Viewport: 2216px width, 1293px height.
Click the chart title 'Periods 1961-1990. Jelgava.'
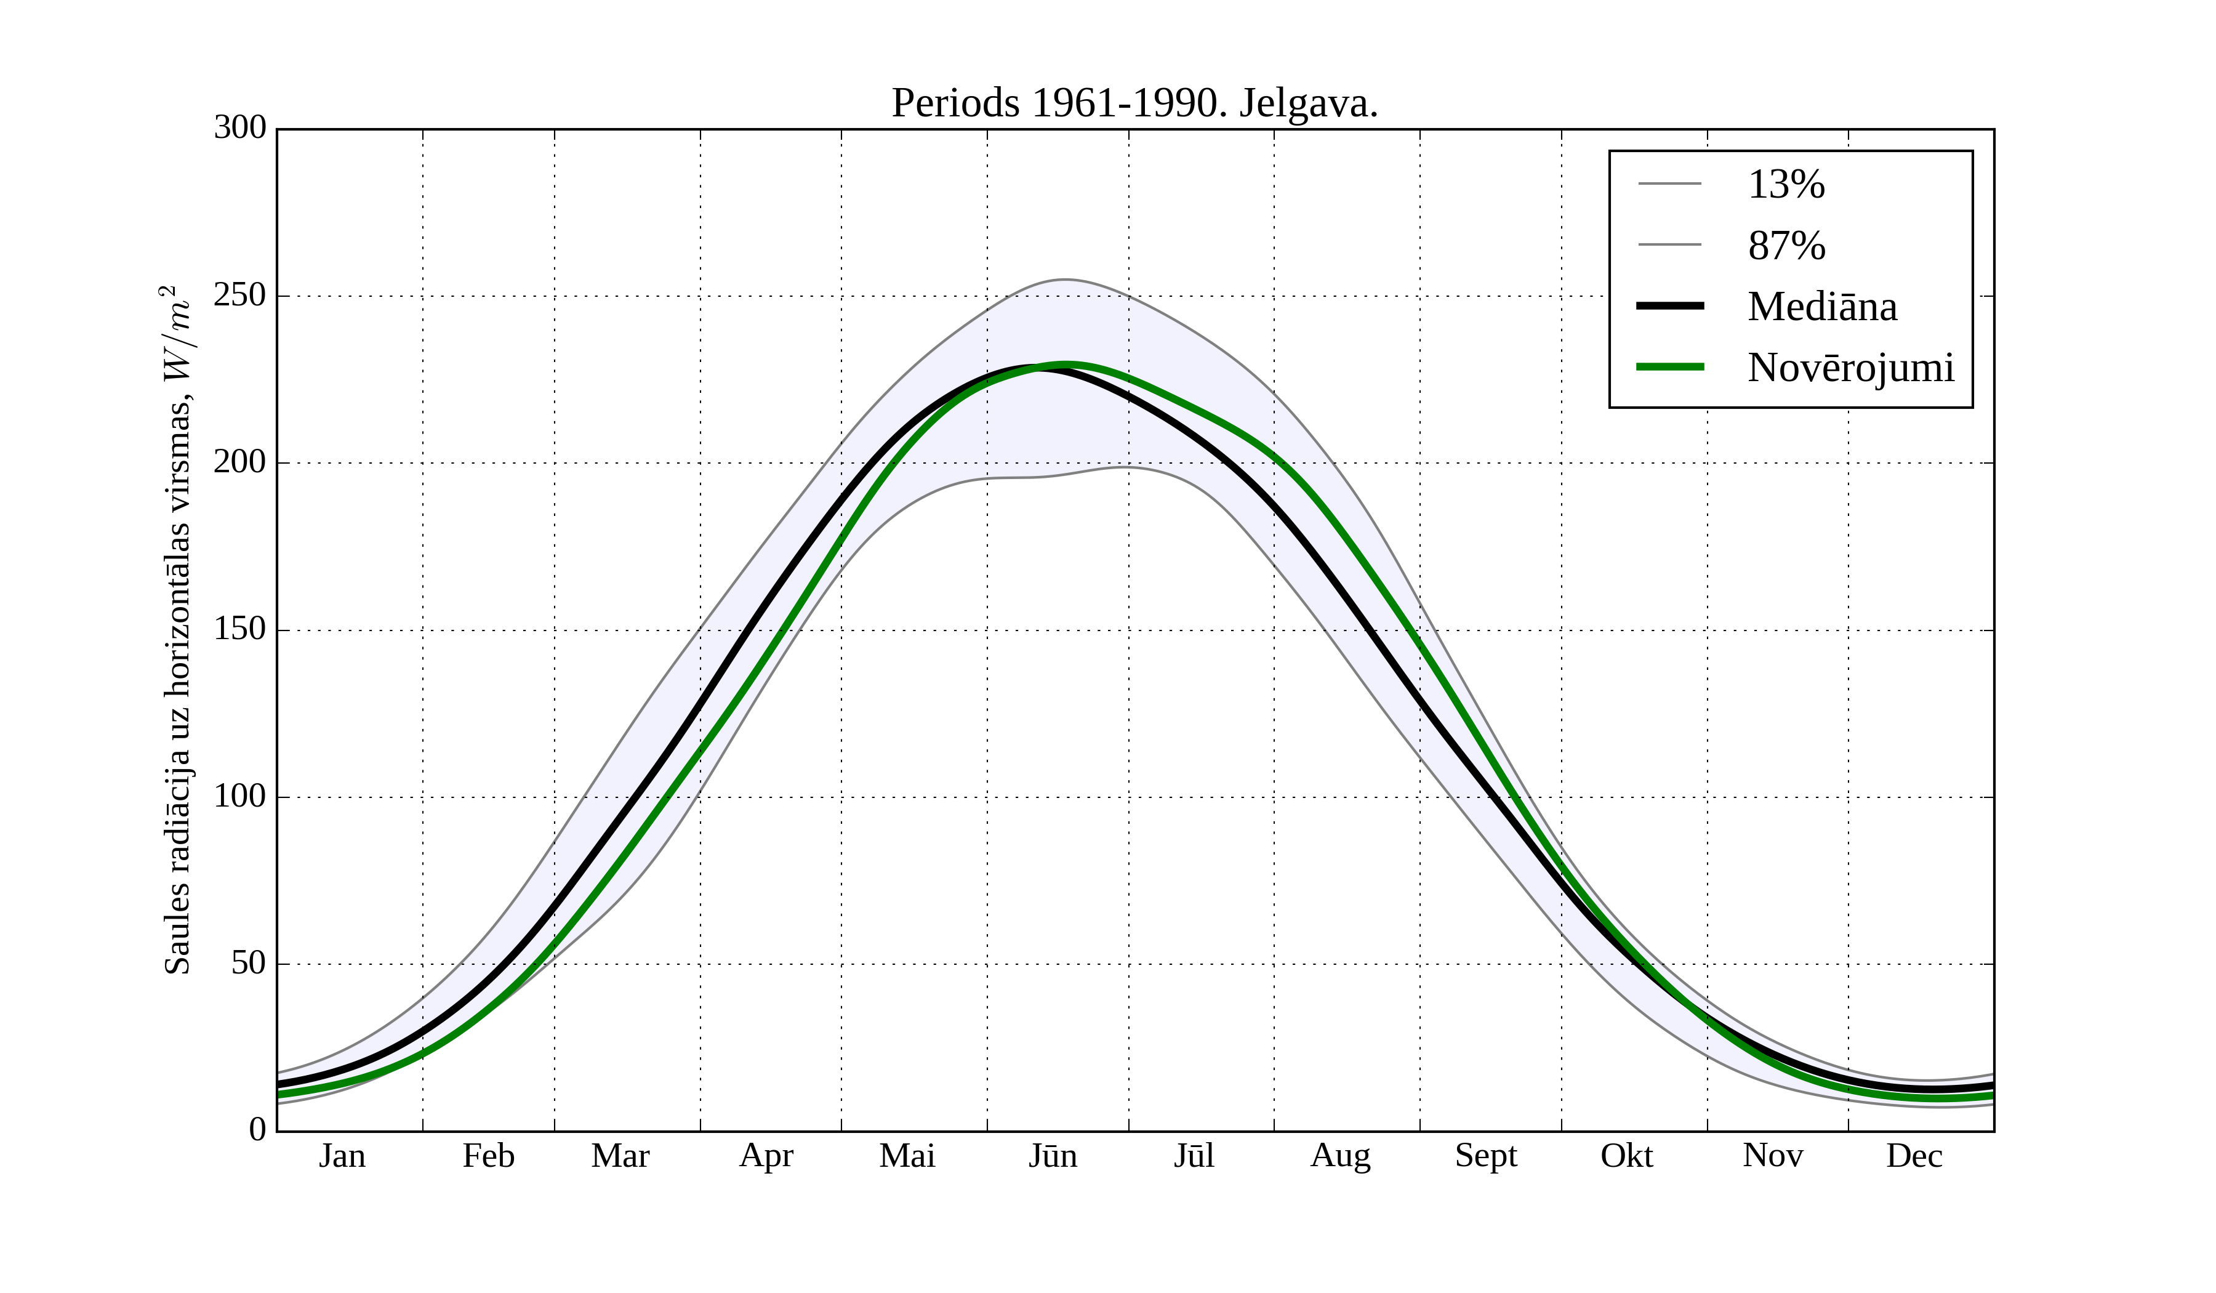click(x=1134, y=104)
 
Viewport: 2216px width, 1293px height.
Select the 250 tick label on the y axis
click(x=240, y=296)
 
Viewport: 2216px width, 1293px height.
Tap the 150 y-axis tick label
click(x=240, y=630)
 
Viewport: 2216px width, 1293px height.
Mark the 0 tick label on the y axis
click(x=258, y=1129)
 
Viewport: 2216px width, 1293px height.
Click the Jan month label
click(x=342, y=1156)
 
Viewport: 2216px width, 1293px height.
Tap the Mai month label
click(x=907, y=1156)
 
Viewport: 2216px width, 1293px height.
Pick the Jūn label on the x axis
click(x=1053, y=1156)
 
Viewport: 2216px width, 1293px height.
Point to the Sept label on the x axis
click(x=1486, y=1156)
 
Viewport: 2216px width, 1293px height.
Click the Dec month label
click(x=1914, y=1156)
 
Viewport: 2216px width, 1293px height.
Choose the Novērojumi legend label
click(x=1850, y=368)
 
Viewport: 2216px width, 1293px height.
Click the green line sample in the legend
click(x=1670, y=367)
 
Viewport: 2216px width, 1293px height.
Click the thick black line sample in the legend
click(x=1670, y=306)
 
